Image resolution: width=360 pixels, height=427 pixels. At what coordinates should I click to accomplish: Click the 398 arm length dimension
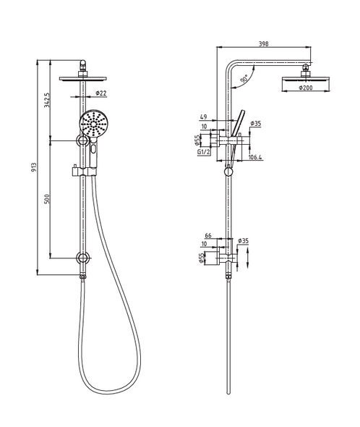(x=264, y=44)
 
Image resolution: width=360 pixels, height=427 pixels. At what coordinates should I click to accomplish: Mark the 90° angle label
(x=247, y=77)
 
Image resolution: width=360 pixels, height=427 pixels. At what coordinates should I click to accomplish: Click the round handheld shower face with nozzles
(x=94, y=124)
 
